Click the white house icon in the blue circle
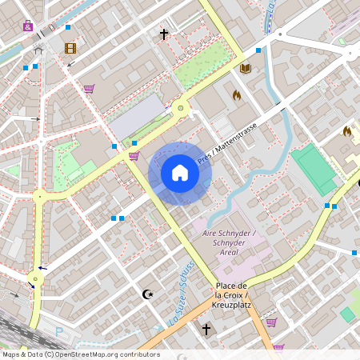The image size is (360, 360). point(180,173)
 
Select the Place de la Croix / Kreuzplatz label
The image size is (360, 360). point(234,293)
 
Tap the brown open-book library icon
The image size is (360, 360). point(246,68)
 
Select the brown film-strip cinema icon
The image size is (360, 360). point(70,48)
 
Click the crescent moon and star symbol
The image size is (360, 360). point(146,294)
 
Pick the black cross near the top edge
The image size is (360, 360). point(164,34)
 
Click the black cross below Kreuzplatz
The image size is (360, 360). point(206,329)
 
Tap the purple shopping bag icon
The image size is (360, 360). point(29,26)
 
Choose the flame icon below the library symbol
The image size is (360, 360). point(237,94)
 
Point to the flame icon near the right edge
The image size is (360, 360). point(347,130)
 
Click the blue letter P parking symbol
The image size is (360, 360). point(58,330)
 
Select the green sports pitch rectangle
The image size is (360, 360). point(313,169)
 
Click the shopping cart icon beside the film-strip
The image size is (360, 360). point(89,89)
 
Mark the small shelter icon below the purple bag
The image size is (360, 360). point(37,49)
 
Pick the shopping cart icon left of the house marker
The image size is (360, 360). point(134,155)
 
